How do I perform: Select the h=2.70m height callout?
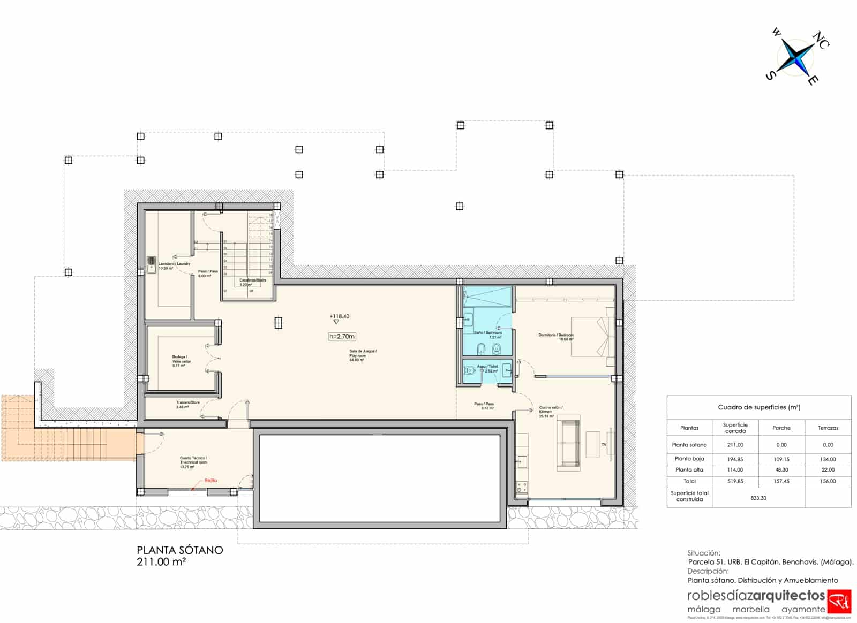click(x=342, y=336)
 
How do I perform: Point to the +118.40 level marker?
click(x=339, y=316)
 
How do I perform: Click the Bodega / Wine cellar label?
click(x=181, y=361)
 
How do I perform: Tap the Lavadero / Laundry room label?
click(x=174, y=265)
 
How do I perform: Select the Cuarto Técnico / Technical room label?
click(x=193, y=462)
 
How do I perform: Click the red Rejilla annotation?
click(x=211, y=480)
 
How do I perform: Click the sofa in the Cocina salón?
click(x=568, y=445)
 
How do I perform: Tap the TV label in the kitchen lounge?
click(x=604, y=444)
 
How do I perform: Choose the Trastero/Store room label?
click(x=187, y=405)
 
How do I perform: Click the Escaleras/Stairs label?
click(x=252, y=282)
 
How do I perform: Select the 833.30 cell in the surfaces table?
click(x=758, y=498)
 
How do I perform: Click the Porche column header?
click(x=781, y=428)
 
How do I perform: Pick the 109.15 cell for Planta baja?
click(x=781, y=459)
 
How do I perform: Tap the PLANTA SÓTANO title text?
click(x=179, y=550)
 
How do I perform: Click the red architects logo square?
click(x=839, y=602)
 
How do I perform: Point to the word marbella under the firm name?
click(x=751, y=609)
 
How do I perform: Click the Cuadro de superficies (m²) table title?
click(x=758, y=407)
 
